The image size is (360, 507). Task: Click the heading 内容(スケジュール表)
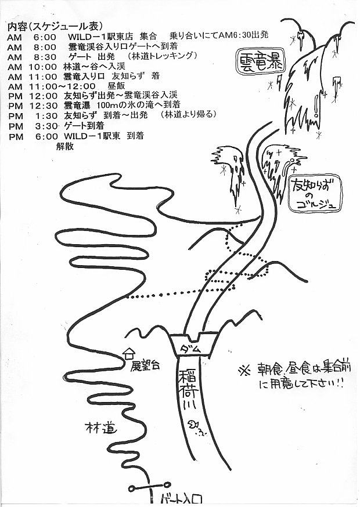[x=55, y=27]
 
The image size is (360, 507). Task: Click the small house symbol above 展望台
[x=129, y=353]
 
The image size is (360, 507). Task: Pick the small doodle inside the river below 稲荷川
[x=198, y=428]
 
